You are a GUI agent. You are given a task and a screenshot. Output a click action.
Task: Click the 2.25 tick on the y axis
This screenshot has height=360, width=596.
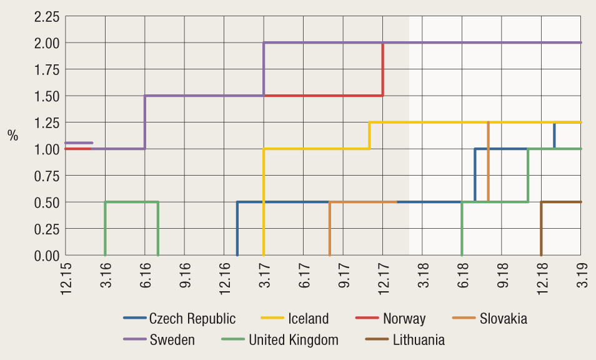click(47, 17)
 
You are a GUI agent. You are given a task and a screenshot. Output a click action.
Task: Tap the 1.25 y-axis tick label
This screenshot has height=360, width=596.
click(47, 122)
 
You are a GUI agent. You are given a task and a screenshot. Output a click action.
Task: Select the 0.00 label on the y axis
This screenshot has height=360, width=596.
click(47, 255)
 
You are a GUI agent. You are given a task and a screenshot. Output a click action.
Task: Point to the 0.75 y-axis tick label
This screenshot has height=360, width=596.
click(47, 176)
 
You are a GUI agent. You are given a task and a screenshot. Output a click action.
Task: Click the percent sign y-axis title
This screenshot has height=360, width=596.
click(13, 136)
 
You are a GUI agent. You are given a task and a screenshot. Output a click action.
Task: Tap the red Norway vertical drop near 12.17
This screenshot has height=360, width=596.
click(382, 69)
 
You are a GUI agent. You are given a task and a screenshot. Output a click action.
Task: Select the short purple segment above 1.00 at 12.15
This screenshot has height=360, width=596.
click(79, 142)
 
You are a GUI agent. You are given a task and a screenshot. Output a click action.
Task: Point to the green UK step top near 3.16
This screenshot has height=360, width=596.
click(131, 202)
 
